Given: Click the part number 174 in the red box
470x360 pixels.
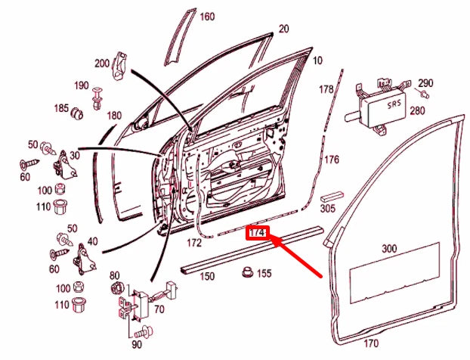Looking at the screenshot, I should click(x=257, y=233).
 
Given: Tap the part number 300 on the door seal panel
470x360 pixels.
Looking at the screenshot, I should click(x=390, y=248).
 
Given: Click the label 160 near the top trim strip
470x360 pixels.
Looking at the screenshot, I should click(x=206, y=17).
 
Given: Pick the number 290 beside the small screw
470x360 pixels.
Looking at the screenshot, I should click(x=425, y=82).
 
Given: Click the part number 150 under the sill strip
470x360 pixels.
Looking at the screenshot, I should click(x=206, y=277).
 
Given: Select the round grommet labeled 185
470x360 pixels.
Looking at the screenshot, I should click(x=76, y=113).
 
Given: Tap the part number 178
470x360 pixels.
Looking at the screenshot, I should click(x=326, y=90).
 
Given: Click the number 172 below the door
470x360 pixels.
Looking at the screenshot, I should click(x=193, y=244).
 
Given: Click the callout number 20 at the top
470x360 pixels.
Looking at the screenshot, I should click(x=284, y=29).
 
